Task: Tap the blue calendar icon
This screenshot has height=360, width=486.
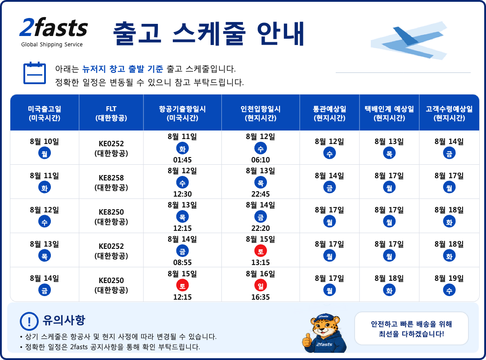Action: coord(35,73)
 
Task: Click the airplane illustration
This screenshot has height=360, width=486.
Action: coord(409,40)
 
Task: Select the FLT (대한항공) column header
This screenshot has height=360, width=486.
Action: coord(111,113)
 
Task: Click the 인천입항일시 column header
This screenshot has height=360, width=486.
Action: coord(261,113)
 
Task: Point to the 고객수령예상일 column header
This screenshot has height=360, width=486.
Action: coord(449,113)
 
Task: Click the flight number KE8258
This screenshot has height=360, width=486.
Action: coord(111,178)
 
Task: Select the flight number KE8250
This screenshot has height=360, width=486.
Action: coord(111,212)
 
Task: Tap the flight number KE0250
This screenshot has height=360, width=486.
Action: coord(111,281)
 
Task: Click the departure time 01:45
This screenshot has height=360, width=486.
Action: coord(183,160)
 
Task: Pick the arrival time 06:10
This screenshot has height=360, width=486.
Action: coord(261,160)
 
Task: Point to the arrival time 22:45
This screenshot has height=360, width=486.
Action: coord(261,194)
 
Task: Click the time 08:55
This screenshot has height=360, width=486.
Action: coord(183,263)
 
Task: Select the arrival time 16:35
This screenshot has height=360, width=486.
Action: coord(261,297)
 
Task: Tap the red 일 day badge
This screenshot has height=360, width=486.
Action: coord(261,286)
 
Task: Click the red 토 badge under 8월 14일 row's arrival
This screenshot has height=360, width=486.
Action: coord(261,251)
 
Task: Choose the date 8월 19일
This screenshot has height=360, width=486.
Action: coord(449,279)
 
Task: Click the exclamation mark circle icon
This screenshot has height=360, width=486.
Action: coord(29,321)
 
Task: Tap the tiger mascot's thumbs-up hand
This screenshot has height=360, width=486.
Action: coord(307,341)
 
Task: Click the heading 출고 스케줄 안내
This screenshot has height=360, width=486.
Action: coord(209,33)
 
